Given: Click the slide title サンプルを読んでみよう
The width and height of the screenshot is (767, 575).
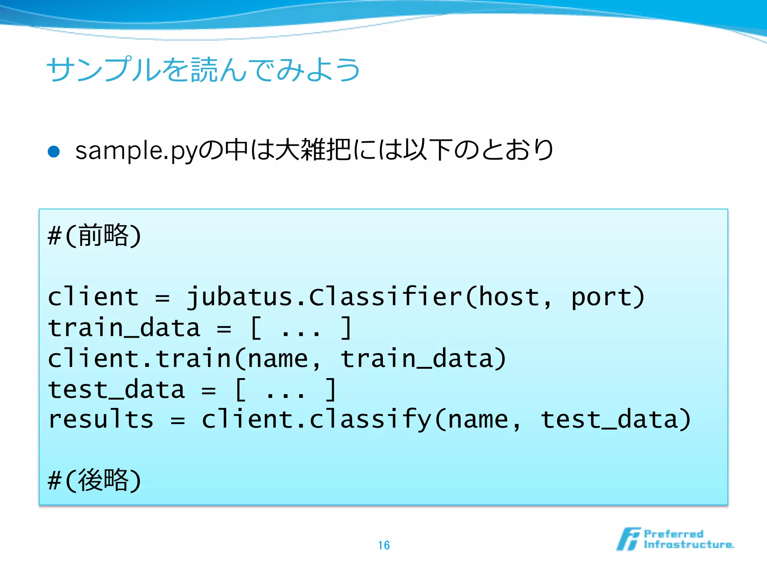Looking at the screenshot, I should (203, 70).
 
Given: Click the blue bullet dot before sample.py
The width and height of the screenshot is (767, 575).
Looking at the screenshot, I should (54, 152).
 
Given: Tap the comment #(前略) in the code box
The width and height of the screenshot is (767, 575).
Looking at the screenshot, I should (94, 235).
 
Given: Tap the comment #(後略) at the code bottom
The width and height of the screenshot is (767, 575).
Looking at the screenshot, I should (94, 480).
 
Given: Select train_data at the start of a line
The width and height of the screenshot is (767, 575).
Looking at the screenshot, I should (124, 328).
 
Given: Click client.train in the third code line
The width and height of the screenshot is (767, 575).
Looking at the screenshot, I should (139, 359).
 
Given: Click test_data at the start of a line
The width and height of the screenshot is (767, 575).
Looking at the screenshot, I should (116, 389).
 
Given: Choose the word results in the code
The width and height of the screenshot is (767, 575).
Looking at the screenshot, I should (101, 419).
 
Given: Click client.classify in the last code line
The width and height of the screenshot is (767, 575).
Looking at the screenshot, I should (317, 419).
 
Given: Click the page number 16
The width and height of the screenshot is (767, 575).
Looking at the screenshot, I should (383, 545).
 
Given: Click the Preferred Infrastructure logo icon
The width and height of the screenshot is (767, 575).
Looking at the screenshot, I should (628, 539).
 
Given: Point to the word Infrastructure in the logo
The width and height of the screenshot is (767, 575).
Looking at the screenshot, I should (688, 545).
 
